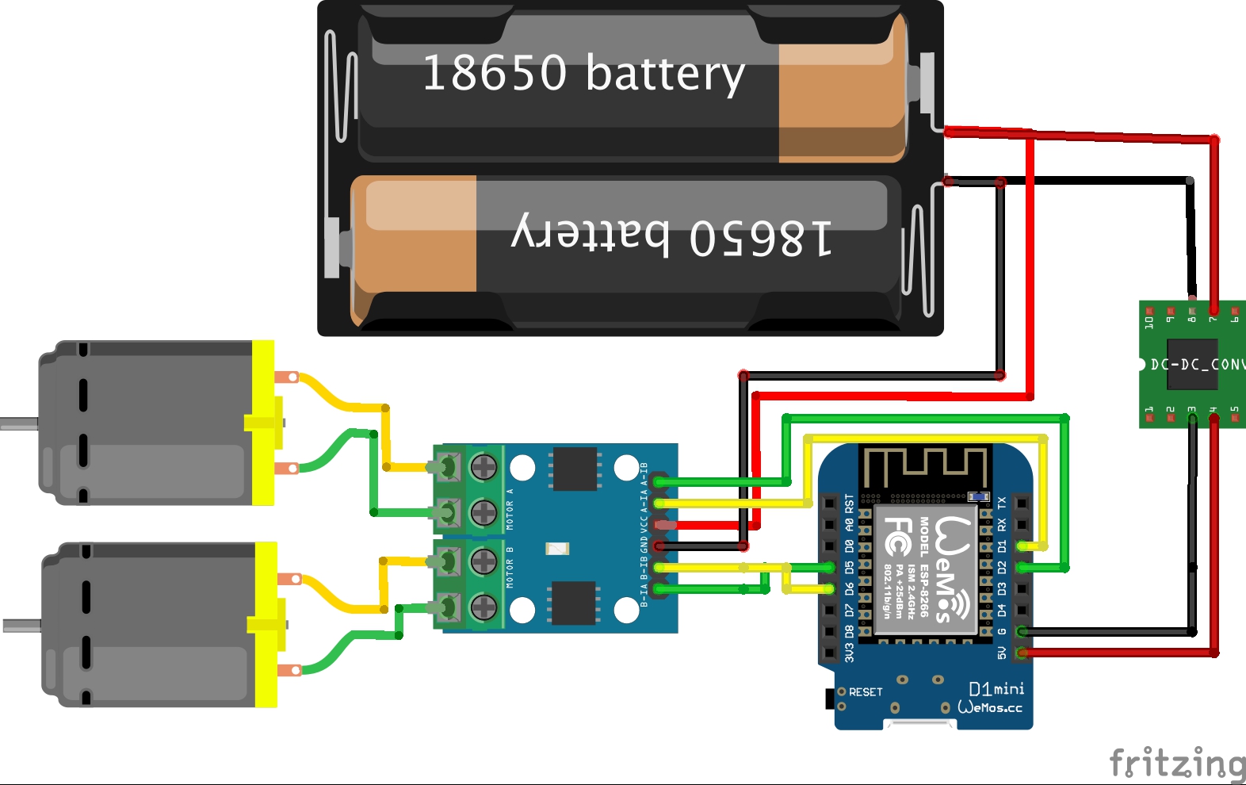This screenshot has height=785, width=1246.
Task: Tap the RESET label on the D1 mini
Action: coord(865,692)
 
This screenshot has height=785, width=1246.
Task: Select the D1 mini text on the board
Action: coord(996,688)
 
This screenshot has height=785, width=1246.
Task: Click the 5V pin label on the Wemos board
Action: coord(1002,653)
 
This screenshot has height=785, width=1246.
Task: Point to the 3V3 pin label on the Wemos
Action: coord(849,653)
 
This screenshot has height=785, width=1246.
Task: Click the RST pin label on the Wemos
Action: coord(849,503)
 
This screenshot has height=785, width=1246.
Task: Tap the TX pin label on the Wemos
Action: coord(1002,504)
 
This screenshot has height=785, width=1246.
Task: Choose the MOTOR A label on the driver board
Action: coord(510,509)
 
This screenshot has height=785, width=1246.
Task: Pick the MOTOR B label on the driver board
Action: coord(510,567)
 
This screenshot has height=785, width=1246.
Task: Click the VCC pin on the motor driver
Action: coord(661,525)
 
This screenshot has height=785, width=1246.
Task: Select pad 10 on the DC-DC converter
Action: coord(1149,312)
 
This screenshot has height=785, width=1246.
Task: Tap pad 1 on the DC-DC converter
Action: coord(1149,417)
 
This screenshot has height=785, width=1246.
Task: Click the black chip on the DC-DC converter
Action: coord(1192,364)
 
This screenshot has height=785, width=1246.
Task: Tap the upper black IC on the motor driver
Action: coord(575,469)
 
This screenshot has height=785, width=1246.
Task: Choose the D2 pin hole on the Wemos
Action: coord(1022,568)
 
